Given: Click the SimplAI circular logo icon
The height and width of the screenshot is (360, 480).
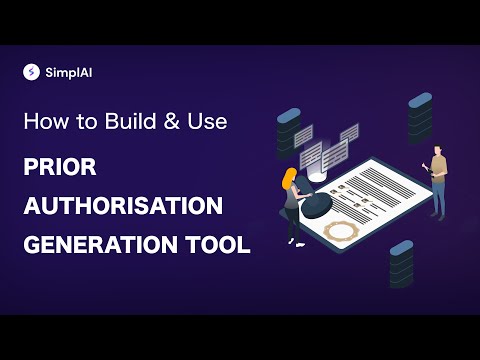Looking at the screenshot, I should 31,72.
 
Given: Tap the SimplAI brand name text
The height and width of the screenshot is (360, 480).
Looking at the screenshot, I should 65,72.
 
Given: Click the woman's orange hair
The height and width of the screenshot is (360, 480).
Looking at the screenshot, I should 290,180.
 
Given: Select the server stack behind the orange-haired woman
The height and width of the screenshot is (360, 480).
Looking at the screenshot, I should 287,132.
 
